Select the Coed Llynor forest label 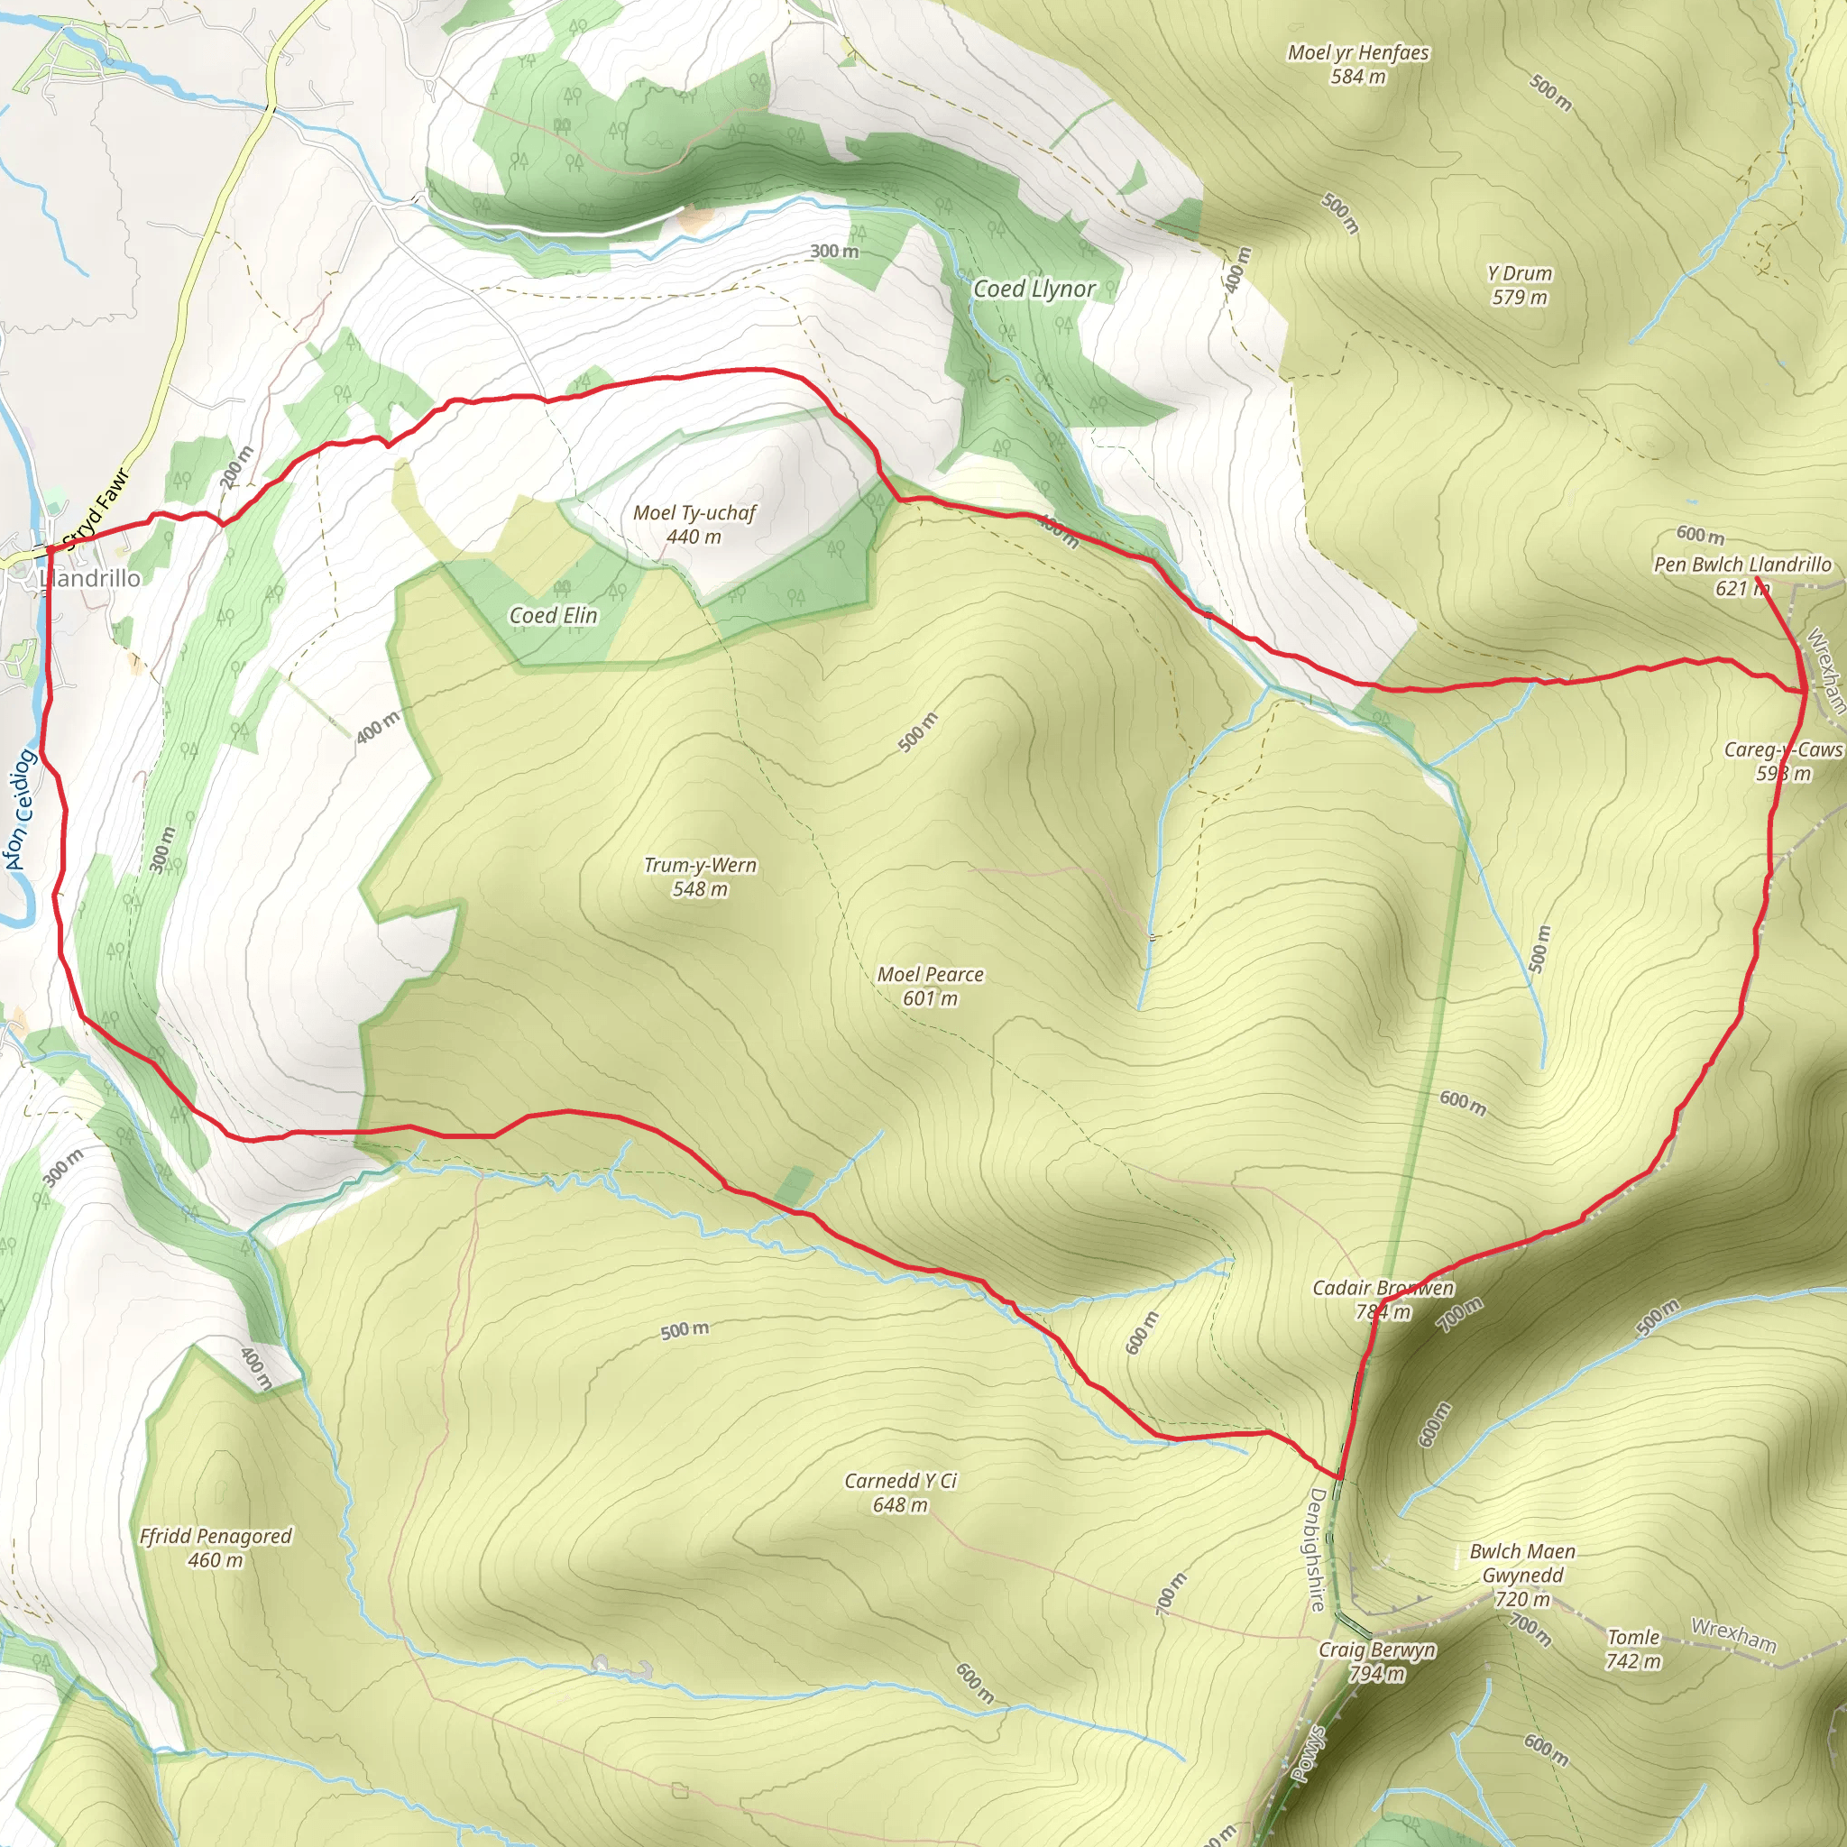pyautogui.click(x=1034, y=289)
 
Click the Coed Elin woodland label pyautogui.click(x=553, y=616)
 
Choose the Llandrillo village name pyautogui.click(x=92, y=578)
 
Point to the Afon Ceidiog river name pyautogui.click(x=20, y=811)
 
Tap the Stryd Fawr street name pyautogui.click(x=95, y=510)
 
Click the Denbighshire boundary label pyautogui.click(x=1318, y=1549)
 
